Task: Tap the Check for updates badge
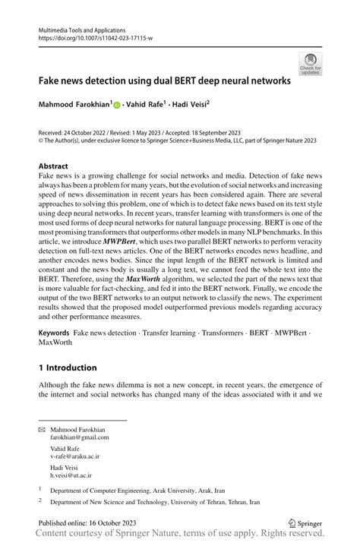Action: (310, 64)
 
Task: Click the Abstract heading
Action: (54, 166)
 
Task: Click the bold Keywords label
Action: (54, 334)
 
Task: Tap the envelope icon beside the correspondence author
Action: (43, 430)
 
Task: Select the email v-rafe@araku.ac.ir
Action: (75, 457)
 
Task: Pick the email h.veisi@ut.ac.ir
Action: (72, 475)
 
